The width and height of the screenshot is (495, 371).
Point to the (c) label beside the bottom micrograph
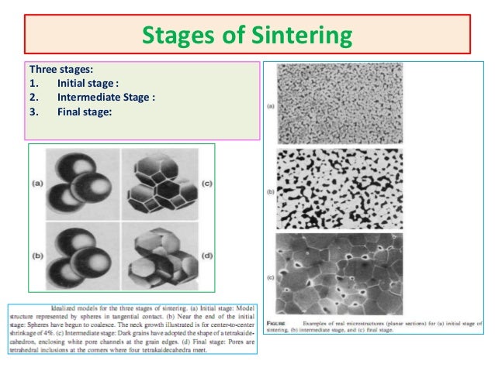[x=272, y=277]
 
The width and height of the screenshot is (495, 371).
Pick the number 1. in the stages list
[x=33, y=83]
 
